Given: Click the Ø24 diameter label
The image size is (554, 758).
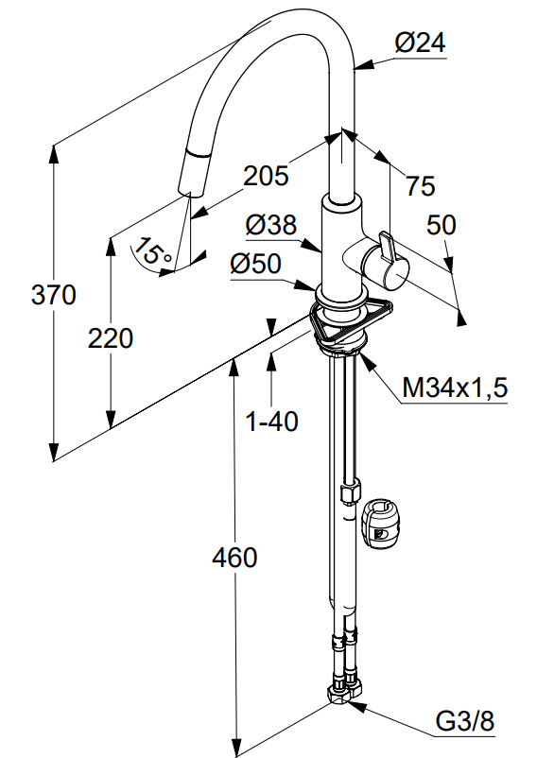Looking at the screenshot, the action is (x=420, y=43).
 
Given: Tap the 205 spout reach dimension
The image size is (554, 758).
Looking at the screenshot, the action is (x=266, y=176).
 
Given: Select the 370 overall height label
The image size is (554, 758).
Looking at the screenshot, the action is (x=54, y=294).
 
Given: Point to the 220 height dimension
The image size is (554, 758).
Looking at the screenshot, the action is (x=111, y=338).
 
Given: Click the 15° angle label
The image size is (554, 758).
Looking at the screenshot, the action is (x=152, y=250).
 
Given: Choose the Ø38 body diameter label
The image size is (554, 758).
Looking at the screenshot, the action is (x=270, y=225).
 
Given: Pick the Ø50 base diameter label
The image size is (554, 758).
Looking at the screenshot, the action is (x=256, y=264).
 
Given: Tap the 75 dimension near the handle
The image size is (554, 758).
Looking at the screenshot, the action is (x=420, y=185).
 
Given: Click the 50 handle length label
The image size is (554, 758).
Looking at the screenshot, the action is (x=441, y=225).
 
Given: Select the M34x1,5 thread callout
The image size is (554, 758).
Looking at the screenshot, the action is (x=455, y=388).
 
